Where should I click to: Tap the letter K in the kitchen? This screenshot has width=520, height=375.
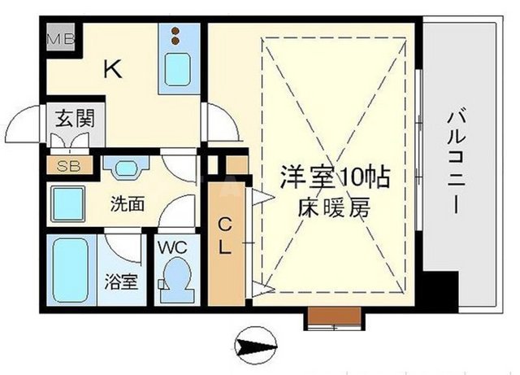pos(112,71)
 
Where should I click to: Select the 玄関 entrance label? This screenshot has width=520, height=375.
pos(74,118)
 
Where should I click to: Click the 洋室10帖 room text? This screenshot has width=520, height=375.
pos(323,175)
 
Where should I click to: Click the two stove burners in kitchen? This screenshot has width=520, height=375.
pos(175,36)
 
